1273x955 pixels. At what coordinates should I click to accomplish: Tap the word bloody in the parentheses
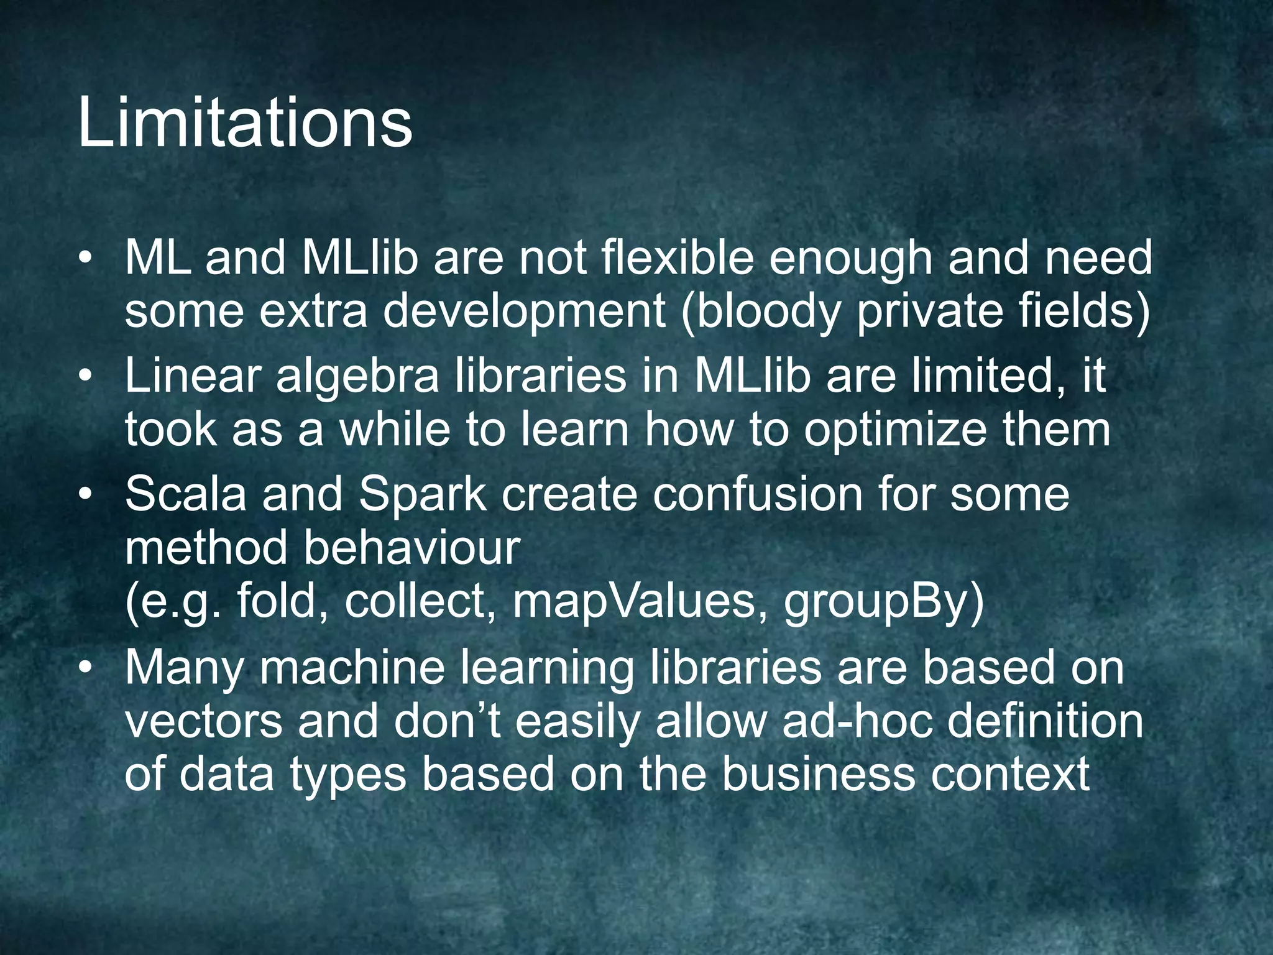pyautogui.click(x=768, y=311)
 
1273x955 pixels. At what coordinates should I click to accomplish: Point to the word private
pyautogui.click(x=930, y=311)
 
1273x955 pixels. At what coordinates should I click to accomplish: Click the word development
pyautogui.click(x=524, y=313)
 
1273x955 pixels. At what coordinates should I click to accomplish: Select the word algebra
pyautogui.click(x=357, y=377)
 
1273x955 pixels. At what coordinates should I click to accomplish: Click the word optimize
pyautogui.click(x=895, y=430)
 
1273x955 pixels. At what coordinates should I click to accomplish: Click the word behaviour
pyautogui.click(x=411, y=548)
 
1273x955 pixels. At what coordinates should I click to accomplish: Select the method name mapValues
pyautogui.click(x=633, y=602)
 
